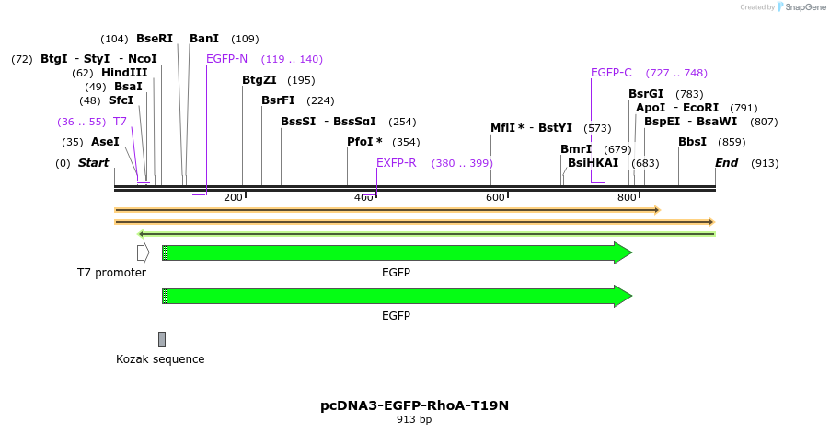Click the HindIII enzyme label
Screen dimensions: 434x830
(x=124, y=73)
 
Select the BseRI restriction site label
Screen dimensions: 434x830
(x=155, y=39)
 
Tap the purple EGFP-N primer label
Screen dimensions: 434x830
(x=226, y=59)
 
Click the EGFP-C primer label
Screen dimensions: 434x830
(x=611, y=73)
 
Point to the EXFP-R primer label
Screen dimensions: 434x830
(x=397, y=163)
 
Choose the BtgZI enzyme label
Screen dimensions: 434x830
(x=259, y=80)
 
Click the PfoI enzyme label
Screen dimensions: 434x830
(x=364, y=142)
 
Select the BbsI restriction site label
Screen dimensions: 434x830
(x=692, y=142)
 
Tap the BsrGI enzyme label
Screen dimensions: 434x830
(x=646, y=94)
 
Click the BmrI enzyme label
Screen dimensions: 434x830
(x=576, y=149)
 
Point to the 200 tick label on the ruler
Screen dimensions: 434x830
(x=233, y=197)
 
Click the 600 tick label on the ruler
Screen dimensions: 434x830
(x=495, y=197)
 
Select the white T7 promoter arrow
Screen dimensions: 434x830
(x=143, y=252)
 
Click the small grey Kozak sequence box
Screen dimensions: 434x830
(x=162, y=339)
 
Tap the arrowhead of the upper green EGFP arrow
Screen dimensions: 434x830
(x=623, y=252)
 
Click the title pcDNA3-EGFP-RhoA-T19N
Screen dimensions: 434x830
(x=414, y=405)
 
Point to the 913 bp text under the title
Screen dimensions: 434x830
(x=414, y=420)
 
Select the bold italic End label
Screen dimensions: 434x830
(x=727, y=163)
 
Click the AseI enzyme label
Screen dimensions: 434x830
(x=105, y=142)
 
